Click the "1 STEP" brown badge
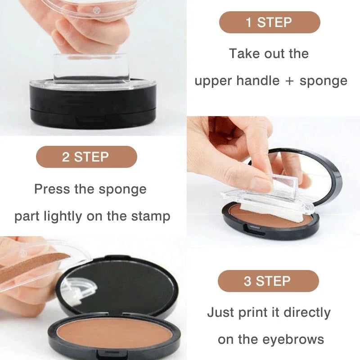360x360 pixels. [270, 22]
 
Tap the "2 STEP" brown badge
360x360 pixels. [86, 157]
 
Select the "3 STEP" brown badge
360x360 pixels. [268, 281]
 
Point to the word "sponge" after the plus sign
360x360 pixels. [324, 81]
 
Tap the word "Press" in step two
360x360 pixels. [51, 189]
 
